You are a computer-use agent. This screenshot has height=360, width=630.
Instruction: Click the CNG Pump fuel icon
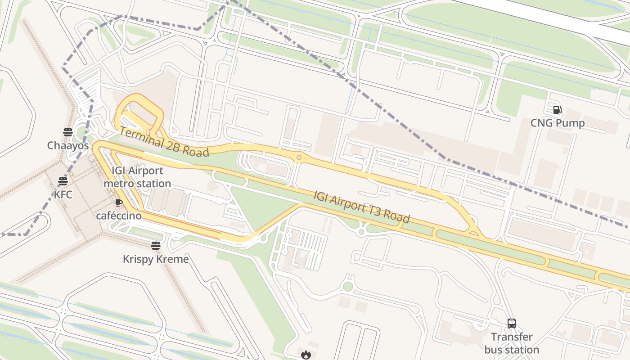pos(557,110)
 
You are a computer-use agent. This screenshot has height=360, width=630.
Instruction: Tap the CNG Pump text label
pos(557,123)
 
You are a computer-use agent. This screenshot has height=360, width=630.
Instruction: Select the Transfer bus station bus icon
pos(512,323)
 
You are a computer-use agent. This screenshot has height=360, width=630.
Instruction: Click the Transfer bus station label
pos(512,343)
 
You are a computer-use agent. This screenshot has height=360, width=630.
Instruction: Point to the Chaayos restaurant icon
pos(68,132)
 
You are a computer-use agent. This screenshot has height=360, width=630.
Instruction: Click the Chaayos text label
pos(68,145)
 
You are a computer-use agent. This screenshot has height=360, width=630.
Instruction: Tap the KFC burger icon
pos(63,181)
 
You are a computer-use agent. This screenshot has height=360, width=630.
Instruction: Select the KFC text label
pos(63,195)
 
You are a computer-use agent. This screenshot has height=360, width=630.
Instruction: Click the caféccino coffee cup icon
pos(118,203)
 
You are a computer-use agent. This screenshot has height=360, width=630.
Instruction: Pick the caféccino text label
pos(119,216)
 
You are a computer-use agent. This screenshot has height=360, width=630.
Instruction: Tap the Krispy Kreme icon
pos(156,245)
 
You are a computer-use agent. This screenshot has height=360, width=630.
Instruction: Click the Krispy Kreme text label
pos(156,259)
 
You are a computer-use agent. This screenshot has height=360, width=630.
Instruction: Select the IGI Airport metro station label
pos(137,177)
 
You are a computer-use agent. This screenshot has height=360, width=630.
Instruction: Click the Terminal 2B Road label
pos(164,142)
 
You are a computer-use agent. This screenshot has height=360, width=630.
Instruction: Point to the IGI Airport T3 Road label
pos(362,207)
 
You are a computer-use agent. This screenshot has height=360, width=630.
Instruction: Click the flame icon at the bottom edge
pos(306,355)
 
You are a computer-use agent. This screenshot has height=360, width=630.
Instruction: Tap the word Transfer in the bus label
pos(512,337)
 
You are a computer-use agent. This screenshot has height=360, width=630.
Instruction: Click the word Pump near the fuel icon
pos(571,123)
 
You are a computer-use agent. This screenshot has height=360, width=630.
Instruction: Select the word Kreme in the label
pos(172,259)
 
